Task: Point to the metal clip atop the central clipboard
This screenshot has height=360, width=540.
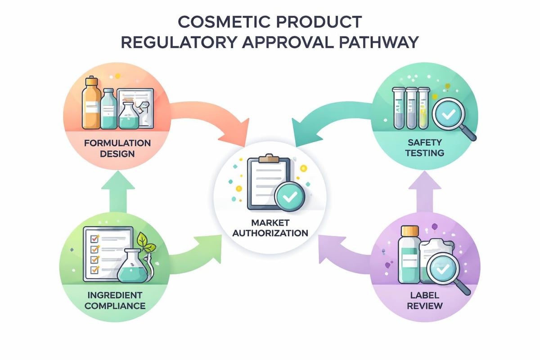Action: (x=269, y=157)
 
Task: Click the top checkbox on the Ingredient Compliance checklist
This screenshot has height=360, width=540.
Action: (x=94, y=237)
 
